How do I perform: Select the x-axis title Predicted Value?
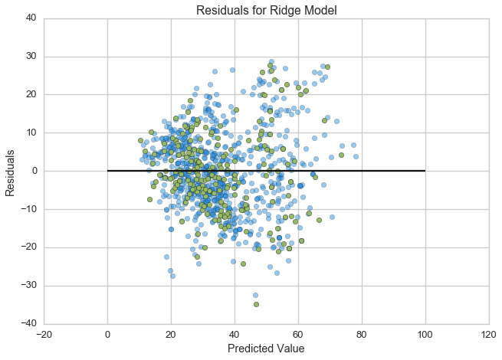click(x=266, y=349)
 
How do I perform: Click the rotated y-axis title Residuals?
click(x=11, y=171)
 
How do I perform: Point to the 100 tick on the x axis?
click(x=425, y=333)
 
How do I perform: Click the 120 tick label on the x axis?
click(x=488, y=333)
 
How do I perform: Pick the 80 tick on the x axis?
click(x=361, y=333)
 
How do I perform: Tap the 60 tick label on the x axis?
click(x=297, y=333)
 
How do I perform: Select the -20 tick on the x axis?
click(x=44, y=333)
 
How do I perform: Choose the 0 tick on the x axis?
click(x=107, y=333)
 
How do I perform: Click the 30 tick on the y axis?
click(x=31, y=57)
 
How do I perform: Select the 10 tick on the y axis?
click(x=31, y=133)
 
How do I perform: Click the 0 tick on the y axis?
click(x=34, y=171)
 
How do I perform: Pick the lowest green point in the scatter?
click(x=256, y=304)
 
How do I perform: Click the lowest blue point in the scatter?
click(x=255, y=295)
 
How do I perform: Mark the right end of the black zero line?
click(x=425, y=171)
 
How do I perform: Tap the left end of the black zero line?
click(x=107, y=171)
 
